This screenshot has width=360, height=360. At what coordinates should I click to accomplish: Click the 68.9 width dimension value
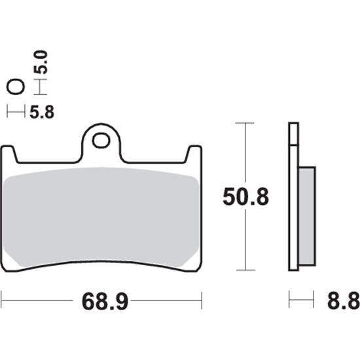(105, 302)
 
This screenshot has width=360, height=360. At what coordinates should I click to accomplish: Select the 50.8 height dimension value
(245, 197)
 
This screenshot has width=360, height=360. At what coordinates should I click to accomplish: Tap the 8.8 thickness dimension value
(344, 300)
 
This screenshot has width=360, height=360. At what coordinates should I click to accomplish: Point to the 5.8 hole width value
(42, 113)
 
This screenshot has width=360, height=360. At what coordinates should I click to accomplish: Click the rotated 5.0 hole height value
(41, 62)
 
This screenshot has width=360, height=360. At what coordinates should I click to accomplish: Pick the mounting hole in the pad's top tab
(101, 141)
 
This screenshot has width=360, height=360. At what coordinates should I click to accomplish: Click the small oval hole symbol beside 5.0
(16, 87)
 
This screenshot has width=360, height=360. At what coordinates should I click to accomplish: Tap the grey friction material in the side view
(307, 216)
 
